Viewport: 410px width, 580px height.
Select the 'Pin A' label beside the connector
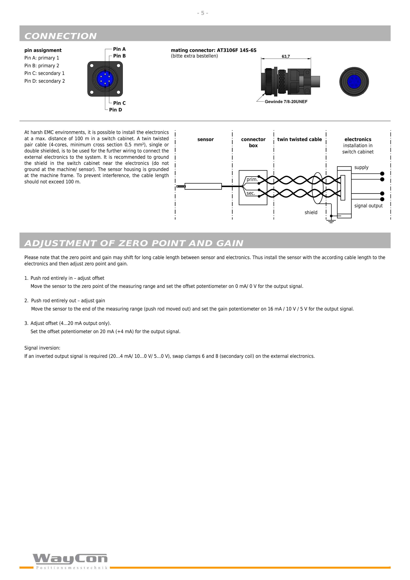pos(119,49)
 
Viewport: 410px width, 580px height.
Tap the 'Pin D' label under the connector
pos(115,110)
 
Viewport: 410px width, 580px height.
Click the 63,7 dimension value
pos(286,56)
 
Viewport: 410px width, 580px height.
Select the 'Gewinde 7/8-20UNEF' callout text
pos(286,102)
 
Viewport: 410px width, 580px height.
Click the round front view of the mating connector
pos(354,82)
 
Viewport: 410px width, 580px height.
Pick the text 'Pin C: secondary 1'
pos(44,73)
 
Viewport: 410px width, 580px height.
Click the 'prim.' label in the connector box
pos(252,179)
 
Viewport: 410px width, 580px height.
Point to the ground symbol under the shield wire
pos(331,221)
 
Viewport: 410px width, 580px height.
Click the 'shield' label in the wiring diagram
pos(311,212)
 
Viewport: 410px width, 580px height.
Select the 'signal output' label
pos(368,206)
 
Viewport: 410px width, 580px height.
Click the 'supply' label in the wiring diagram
pos(361,167)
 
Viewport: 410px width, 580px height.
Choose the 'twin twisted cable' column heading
pos(300,139)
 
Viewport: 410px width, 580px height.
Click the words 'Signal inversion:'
pos(42,348)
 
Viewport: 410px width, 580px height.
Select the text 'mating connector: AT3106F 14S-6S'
pos(214,50)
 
